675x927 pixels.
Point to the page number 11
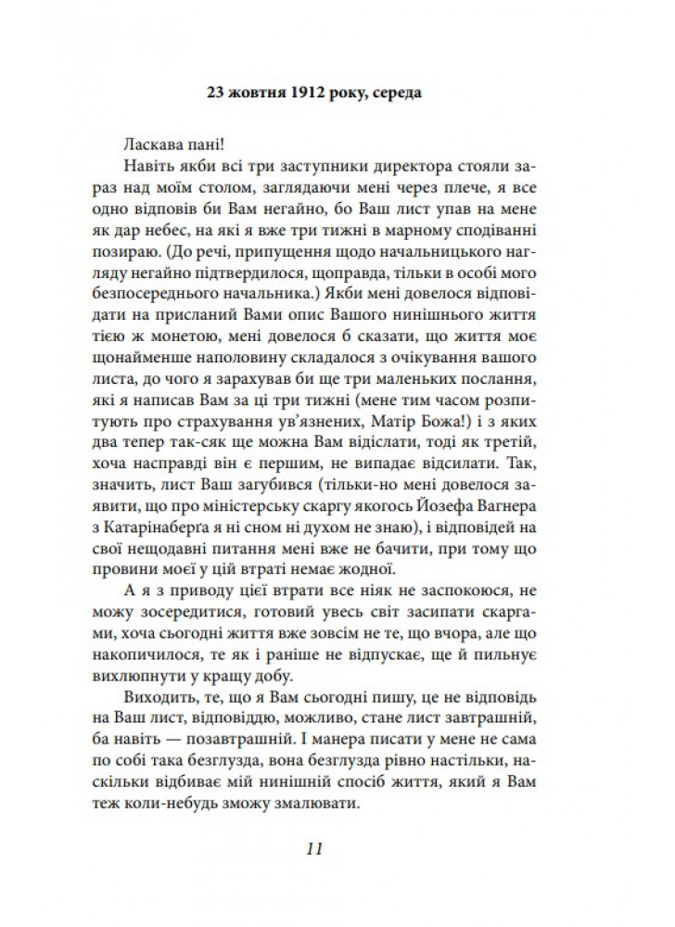click(313, 849)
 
